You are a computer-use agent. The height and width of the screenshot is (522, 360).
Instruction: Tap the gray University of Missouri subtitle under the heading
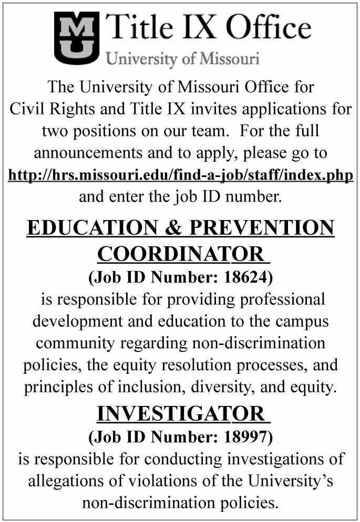coord(183,58)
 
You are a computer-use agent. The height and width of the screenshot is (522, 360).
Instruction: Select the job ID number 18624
coord(244,277)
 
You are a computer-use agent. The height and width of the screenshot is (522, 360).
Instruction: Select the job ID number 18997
coord(244,436)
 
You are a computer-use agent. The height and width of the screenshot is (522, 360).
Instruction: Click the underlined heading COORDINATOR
coord(180,255)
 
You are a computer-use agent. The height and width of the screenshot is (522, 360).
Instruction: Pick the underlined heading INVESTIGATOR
coord(180,414)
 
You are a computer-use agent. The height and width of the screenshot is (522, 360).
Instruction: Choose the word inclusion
coord(178,387)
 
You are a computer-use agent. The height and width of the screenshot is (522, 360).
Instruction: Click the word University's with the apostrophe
coord(292,481)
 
